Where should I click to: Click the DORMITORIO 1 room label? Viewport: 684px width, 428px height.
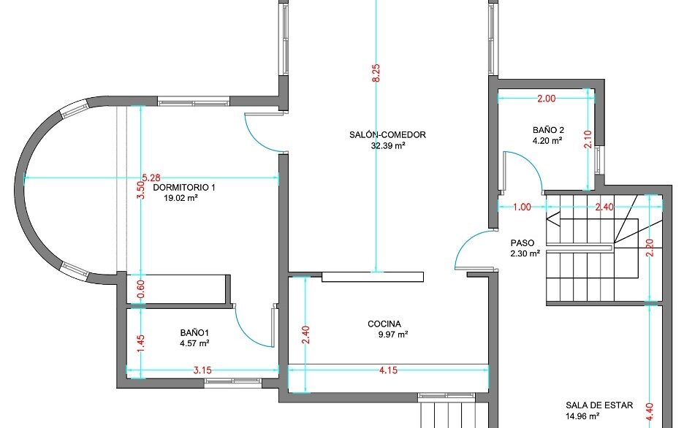coord(183,188)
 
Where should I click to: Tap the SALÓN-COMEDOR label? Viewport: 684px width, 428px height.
coord(387,134)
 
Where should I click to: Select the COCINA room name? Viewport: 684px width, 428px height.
coord(384,324)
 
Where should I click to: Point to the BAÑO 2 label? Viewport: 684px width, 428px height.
coord(548,130)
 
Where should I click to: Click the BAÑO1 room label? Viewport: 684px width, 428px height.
coord(194,333)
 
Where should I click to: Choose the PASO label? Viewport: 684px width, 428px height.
coord(522,243)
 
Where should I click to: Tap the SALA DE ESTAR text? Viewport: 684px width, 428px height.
coord(599,405)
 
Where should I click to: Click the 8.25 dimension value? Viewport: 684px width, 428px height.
coord(376,73)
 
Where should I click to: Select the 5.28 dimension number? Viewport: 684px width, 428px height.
coord(151,177)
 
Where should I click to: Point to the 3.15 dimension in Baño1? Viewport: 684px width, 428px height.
coord(202,370)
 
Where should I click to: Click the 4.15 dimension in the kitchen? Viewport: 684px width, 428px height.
coord(388,370)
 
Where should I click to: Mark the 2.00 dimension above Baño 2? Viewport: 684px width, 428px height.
coord(546,99)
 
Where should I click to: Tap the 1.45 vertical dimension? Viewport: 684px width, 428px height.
coord(140,343)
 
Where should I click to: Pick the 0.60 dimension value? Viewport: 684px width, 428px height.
coord(140,289)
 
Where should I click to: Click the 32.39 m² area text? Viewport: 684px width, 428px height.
coord(388,145)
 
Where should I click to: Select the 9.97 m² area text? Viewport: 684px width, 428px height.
coord(393,335)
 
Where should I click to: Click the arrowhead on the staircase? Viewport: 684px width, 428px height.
coord(553,219)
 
